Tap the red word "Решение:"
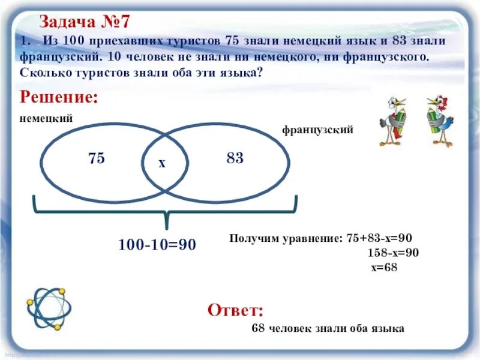(59, 97)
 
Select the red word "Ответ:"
(235, 310)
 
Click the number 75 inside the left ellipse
(96, 158)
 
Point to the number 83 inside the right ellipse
(235, 158)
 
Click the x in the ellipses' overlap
(161, 163)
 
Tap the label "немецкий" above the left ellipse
(46, 118)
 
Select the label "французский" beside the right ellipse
(317, 130)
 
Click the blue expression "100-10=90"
(157, 245)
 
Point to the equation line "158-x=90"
(393, 253)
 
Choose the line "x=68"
(384, 268)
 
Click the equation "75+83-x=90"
(379, 238)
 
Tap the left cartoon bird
(393, 121)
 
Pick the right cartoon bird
(440, 121)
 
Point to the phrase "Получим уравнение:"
(286, 238)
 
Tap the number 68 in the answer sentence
(259, 328)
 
